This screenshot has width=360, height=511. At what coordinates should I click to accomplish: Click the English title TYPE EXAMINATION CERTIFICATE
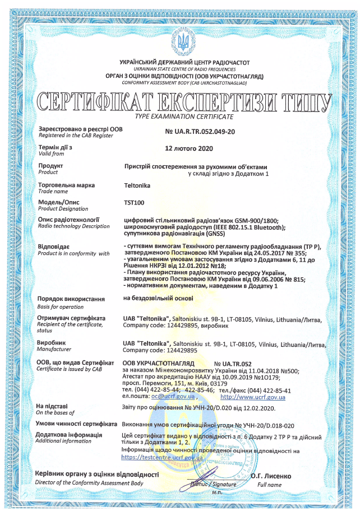[184, 116]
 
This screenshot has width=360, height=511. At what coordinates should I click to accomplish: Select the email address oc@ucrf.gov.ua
[160, 397]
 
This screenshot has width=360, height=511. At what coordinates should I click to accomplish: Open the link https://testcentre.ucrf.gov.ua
[162, 457]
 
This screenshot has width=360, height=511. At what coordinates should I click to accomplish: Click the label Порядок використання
[70, 300]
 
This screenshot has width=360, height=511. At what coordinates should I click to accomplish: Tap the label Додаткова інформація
[68, 434]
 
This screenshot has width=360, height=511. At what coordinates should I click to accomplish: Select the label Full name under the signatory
[271, 484]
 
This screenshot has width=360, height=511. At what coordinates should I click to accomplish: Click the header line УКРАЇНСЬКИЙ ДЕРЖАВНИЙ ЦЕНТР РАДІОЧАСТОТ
[184, 63]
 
